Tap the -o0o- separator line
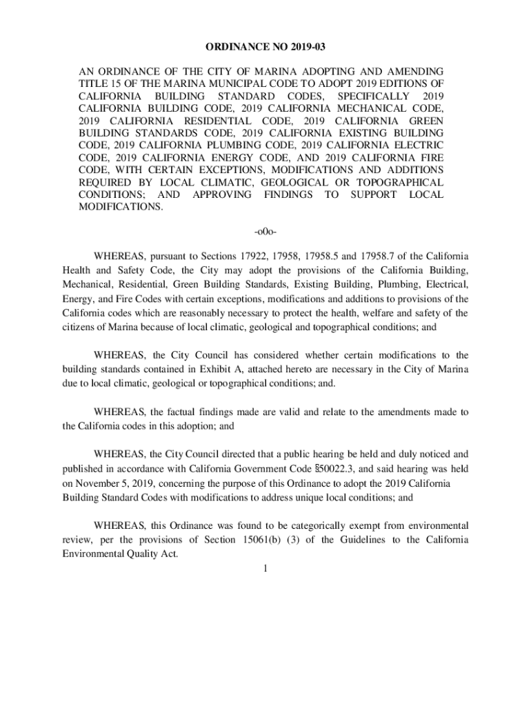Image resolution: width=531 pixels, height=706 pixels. tap(265, 230)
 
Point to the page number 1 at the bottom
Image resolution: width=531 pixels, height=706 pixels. tap(265, 568)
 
